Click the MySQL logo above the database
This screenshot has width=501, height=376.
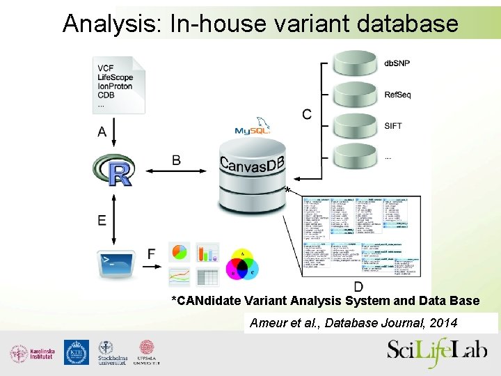[x=252, y=129]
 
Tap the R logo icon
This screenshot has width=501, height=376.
[x=112, y=170]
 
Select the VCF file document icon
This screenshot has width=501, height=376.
[x=118, y=84]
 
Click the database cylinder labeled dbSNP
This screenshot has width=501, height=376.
[x=355, y=63]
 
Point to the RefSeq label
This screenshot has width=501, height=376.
[x=397, y=95]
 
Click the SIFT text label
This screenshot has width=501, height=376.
[x=393, y=126]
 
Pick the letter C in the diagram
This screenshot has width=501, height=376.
[x=306, y=113]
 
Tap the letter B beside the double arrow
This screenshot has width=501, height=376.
[x=176, y=161]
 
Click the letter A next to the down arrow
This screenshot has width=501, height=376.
[x=102, y=132]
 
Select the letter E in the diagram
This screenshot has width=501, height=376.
[x=102, y=220]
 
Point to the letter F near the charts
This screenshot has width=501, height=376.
[x=152, y=254]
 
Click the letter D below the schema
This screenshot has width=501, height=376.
[x=358, y=286]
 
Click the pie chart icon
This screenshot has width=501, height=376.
[x=180, y=253]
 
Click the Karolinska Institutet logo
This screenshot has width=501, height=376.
[x=31, y=353]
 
